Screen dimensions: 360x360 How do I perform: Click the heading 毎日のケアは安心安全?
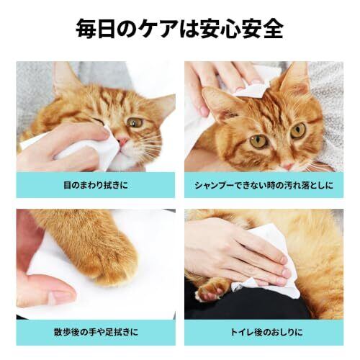click(179, 29)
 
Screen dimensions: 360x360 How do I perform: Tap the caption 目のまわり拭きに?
click(96, 185)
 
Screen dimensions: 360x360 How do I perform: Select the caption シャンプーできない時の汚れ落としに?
click(264, 185)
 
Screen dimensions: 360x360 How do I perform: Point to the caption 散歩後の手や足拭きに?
click(96, 332)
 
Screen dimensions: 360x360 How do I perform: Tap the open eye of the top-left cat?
click(135, 122)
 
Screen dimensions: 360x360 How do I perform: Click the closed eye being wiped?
click(99, 122)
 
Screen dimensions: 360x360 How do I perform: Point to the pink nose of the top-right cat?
click(287, 166)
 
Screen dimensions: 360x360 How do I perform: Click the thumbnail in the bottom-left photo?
click(60, 297)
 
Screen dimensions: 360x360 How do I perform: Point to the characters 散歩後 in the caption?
click(66, 332)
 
